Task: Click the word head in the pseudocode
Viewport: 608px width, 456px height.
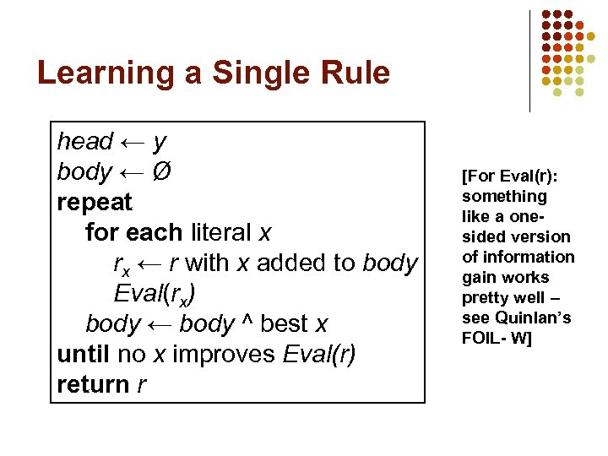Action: [x=85, y=141]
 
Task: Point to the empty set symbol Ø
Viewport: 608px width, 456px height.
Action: [x=162, y=171]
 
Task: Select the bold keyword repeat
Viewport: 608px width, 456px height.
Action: [x=95, y=203]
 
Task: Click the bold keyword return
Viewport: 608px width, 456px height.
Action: [x=93, y=384]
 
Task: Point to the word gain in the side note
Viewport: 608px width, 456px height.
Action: [x=478, y=277]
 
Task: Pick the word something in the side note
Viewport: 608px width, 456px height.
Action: [x=504, y=196]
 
